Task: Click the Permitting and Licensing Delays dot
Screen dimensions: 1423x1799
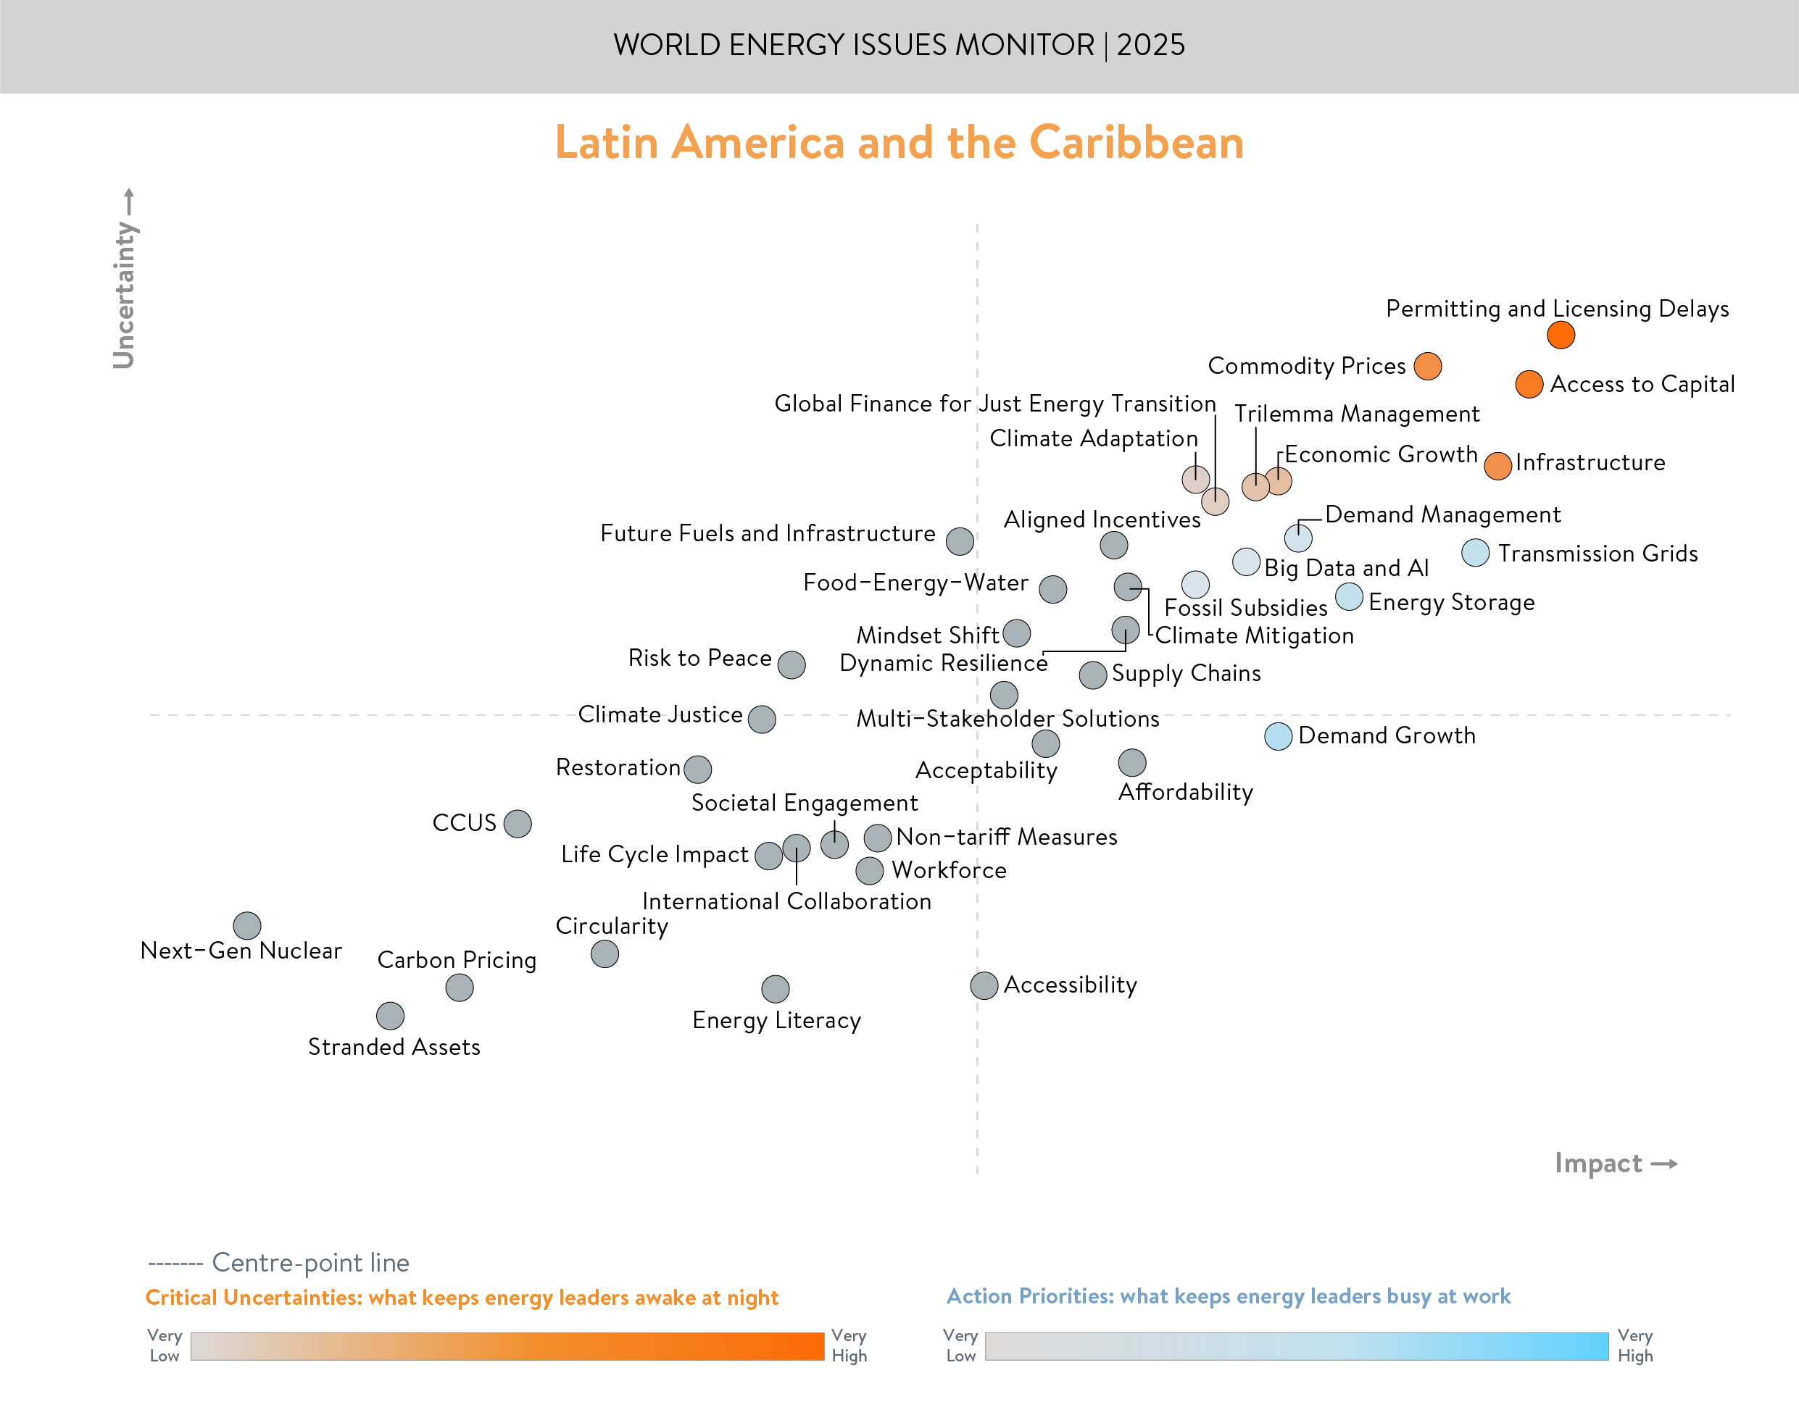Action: [x=1560, y=335]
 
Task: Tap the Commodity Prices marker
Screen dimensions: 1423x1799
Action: [x=1427, y=366]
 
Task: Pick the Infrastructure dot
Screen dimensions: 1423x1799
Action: [x=1497, y=466]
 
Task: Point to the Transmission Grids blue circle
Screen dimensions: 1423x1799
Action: [x=1475, y=552]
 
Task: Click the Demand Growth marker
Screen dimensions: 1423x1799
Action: [x=1277, y=736]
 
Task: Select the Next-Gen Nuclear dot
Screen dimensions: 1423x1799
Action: [x=246, y=925]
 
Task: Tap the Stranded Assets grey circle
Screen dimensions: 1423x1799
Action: [x=390, y=1016]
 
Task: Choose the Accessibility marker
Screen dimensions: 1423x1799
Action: [x=984, y=985]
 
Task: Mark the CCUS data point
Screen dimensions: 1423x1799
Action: [x=518, y=823]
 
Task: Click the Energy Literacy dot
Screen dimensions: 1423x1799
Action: [x=775, y=989]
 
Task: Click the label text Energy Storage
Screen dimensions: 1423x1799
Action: [x=1450, y=602]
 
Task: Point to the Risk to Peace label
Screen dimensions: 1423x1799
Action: [x=699, y=658]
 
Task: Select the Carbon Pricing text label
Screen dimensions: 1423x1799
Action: [x=457, y=960]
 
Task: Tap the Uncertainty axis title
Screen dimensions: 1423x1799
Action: [x=124, y=293]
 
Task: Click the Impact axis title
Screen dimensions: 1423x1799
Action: [x=1598, y=1163]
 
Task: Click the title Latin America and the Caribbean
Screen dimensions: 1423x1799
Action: [x=899, y=143]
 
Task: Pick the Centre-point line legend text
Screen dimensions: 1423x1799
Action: [x=310, y=1262]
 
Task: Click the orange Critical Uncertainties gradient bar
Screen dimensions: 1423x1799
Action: [x=507, y=1346]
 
